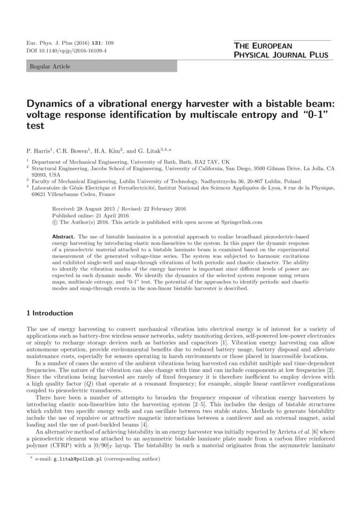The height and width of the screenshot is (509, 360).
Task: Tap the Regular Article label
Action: (x=50, y=67)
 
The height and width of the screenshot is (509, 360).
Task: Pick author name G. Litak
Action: (x=150, y=150)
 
